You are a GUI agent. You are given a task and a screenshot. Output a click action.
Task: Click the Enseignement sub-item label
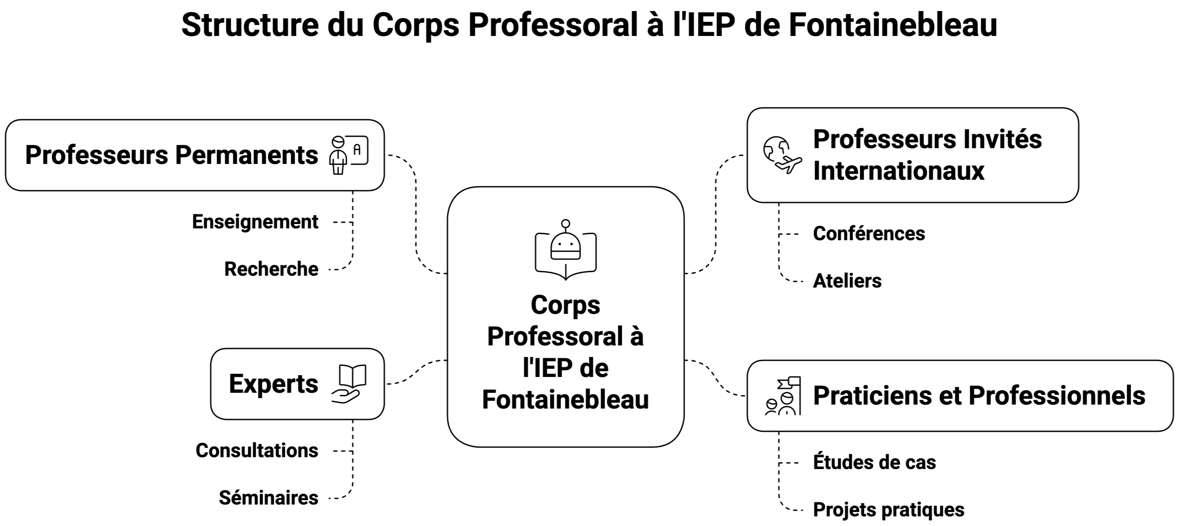point(255,222)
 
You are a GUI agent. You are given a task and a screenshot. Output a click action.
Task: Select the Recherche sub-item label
point(271,269)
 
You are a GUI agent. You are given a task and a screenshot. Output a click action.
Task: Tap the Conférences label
point(869,234)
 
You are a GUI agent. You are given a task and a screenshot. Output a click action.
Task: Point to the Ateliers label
point(847,281)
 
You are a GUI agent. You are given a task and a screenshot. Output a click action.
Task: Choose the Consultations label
point(257,451)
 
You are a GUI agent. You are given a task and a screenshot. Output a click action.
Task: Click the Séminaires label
point(268,498)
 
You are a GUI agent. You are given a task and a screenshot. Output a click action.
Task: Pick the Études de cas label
point(874,462)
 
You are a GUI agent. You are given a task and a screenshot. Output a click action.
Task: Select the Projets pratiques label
point(889,509)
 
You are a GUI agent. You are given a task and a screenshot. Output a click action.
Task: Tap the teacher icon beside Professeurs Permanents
point(349,155)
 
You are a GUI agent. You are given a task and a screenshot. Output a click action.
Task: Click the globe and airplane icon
point(782,155)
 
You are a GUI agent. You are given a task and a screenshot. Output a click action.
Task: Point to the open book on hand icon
point(349,384)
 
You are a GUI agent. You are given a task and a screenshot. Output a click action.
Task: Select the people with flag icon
point(783,396)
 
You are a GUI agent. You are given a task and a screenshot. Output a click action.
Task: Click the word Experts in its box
point(273,384)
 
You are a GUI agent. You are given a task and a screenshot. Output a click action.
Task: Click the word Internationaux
point(899,171)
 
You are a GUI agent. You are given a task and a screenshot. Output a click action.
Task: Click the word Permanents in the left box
point(246,155)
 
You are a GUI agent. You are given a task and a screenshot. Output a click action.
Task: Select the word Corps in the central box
point(565,305)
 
